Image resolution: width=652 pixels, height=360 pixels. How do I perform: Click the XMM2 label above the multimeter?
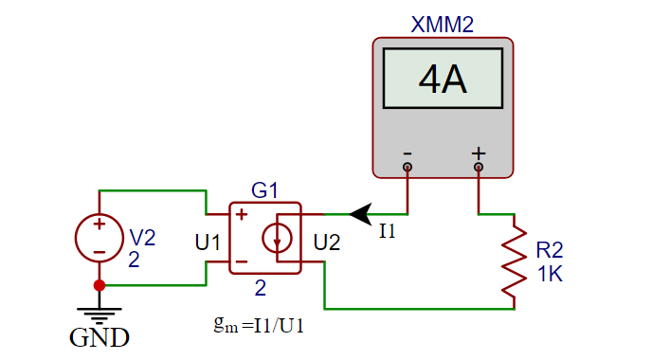(x=442, y=26)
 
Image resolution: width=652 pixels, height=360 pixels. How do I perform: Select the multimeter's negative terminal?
(x=407, y=167)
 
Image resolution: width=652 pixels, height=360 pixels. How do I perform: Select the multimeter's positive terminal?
(x=479, y=167)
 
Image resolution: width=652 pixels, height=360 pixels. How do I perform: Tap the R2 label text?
(x=550, y=250)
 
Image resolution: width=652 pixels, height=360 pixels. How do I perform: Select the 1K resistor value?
(x=550, y=274)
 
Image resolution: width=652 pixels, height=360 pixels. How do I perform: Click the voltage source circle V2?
(x=99, y=237)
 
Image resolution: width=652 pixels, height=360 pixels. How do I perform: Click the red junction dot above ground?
(x=99, y=284)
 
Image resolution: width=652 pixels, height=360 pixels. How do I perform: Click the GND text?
(x=99, y=337)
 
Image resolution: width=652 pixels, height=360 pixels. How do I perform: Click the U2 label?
(x=326, y=243)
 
